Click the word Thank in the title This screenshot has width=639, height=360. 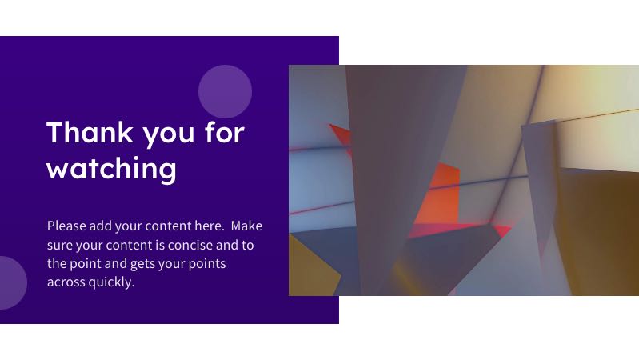[x=90, y=133]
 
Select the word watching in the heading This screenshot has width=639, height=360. [x=112, y=168]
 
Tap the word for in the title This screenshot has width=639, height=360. [x=225, y=132]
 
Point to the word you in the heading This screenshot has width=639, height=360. [x=169, y=134]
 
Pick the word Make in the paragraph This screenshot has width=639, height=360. [x=246, y=226]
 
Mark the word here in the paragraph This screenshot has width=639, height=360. [x=209, y=226]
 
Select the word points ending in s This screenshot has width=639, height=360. [x=206, y=264]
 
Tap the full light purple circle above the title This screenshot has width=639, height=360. [x=225, y=92]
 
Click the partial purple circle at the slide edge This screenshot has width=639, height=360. [x=11, y=282]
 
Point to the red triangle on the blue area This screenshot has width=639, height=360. [x=342, y=137]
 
